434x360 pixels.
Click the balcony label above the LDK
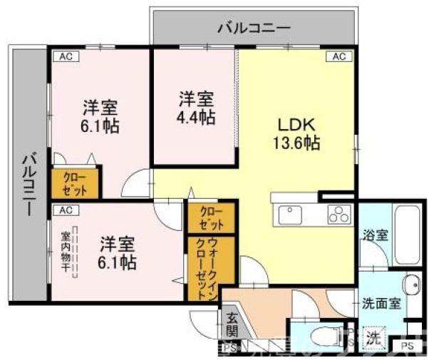tap(254, 28)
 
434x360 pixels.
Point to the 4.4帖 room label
tap(194, 108)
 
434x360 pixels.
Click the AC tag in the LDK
tap(338, 56)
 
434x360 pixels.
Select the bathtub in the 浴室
tap(407, 232)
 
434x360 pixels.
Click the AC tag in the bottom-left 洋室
tap(66, 210)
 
